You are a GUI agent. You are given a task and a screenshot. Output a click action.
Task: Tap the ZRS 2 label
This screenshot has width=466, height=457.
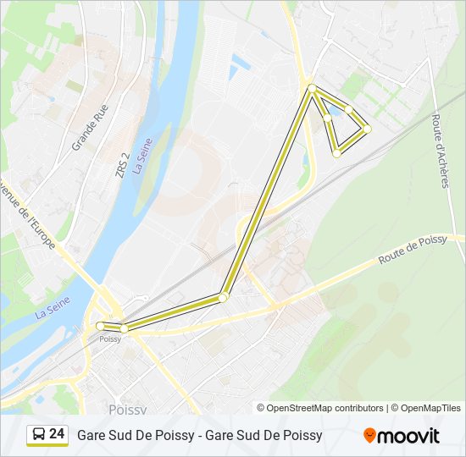(x=124, y=164)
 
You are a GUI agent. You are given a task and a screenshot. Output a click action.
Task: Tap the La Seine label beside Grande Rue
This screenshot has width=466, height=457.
(x=142, y=157)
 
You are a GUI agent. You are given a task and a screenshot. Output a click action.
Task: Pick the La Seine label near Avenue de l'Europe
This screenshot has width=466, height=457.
(x=53, y=306)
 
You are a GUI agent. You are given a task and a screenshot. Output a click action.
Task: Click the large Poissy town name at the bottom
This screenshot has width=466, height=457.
(x=128, y=409)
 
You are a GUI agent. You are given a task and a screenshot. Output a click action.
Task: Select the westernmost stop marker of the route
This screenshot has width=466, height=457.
(x=100, y=326)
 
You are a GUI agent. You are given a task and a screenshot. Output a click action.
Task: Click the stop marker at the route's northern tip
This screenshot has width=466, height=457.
(x=312, y=88)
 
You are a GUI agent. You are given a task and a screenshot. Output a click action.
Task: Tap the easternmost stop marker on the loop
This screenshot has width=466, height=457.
(x=367, y=129)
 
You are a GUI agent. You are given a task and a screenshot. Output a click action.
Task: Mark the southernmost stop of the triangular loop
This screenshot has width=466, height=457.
(x=336, y=153)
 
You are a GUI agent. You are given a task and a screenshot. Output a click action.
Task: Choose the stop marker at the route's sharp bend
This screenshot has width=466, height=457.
(x=223, y=297)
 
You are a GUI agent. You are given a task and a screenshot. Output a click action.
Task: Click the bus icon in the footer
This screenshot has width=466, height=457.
(x=38, y=435)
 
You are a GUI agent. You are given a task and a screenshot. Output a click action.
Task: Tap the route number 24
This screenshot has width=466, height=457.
(x=57, y=434)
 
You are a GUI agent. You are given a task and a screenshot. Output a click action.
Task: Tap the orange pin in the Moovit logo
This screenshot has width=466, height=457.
(x=369, y=435)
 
